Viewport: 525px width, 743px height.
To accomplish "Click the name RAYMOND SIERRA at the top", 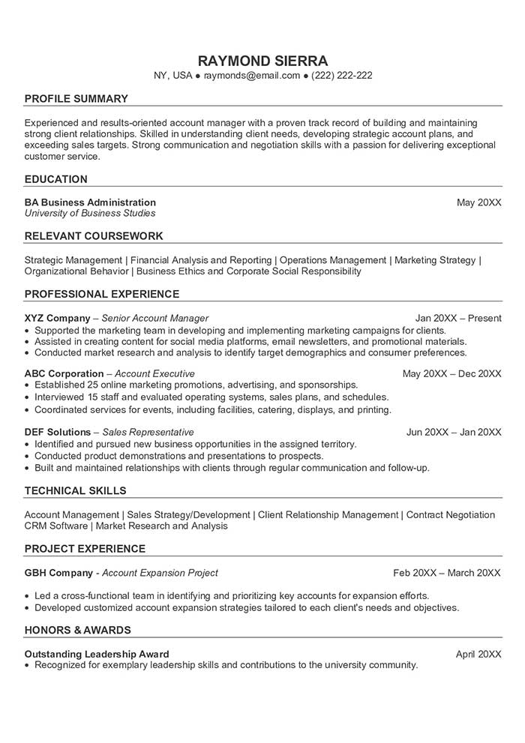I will tap(262, 60).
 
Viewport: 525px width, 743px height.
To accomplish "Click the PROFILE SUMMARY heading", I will tap(76, 99).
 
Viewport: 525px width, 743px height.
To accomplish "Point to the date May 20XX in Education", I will tap(479, 202).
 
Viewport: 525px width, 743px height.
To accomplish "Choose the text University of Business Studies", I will tap(90, 214).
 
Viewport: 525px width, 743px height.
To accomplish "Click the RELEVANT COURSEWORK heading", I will tap(94, 236).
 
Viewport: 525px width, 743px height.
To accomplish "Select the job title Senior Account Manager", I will tap(155, 318).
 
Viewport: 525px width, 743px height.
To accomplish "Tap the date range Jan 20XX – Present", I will tap(458, 318).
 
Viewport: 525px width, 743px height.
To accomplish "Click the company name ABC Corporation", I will tap(64, 373).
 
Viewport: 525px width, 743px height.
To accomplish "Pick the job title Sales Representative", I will tap(148, 432).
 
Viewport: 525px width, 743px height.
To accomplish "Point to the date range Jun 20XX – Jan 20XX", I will tap(454, 432).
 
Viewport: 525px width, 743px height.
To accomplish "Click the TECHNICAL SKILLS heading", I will tap(75, 491).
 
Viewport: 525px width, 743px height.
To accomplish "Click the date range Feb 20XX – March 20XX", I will tap(447, 573).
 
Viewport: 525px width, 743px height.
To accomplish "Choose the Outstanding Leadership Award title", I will tap(97, 654).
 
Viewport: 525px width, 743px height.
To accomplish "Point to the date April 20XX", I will tap(478, 654).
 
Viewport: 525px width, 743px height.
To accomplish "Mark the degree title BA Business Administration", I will tap(90, 202).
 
